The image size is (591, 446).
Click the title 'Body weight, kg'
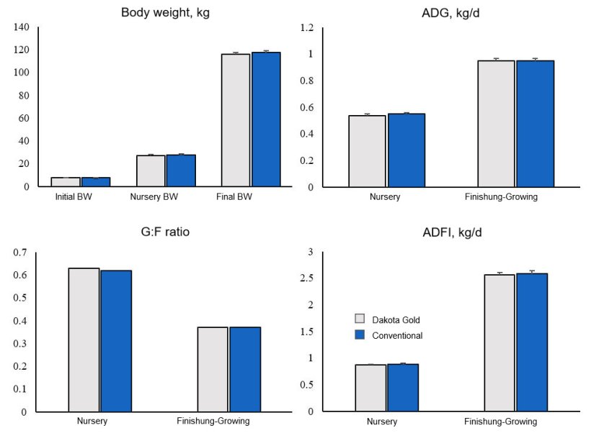point(165,12)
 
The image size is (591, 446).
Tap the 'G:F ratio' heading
point(165,232)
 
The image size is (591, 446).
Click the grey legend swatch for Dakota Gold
point(360,319)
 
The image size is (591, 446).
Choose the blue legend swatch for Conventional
point(360,335)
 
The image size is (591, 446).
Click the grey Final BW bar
point(236,120)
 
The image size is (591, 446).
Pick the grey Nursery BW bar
point(151,171)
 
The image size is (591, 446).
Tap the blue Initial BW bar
point(96,182)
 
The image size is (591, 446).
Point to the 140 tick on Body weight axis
point(22,27)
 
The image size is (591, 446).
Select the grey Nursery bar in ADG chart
point(367,151)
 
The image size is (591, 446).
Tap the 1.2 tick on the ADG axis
point(308,27)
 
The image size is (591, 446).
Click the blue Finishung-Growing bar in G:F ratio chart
point(245,369)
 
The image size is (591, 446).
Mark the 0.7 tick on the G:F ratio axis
point(19,252)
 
